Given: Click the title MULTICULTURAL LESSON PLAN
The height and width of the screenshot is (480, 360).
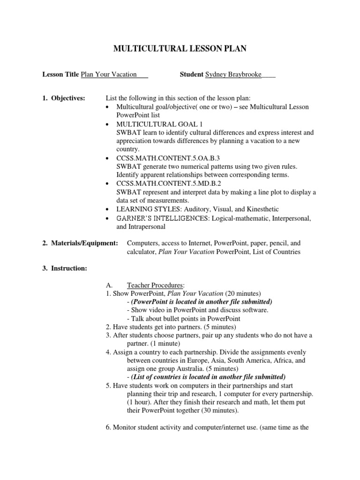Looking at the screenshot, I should [180, 48].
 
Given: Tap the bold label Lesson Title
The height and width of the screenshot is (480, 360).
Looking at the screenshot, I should [60, 74].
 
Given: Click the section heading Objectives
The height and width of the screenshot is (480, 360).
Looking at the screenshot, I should [68, 98].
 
